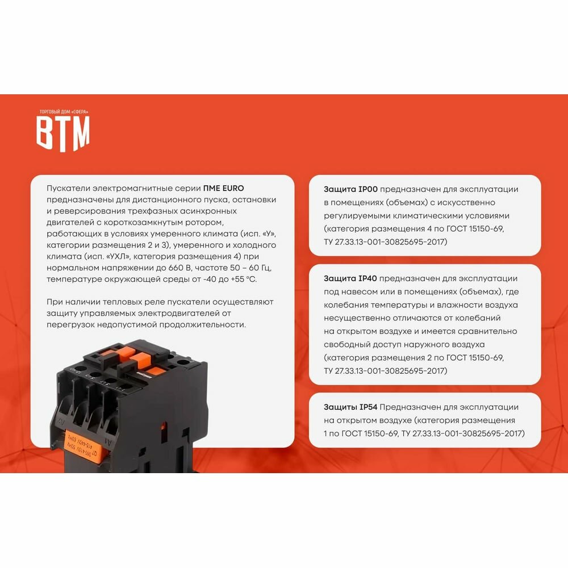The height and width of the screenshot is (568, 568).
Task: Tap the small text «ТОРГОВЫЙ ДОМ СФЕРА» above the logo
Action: click(x=64, y=111)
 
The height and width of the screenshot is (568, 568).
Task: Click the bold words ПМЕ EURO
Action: click(x=223, y=188)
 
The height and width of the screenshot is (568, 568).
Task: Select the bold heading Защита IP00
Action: click(x=350, y=189)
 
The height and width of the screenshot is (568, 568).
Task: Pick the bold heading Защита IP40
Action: click(x=350, y=278)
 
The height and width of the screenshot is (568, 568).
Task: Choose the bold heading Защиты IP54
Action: click(x=350, y=407)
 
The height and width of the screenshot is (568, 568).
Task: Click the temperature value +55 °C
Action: click(x=244, y=279)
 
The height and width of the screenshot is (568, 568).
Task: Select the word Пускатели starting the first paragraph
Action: click(x=68, y=189)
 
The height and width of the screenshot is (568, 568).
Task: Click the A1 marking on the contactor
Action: click(x=108, y=441)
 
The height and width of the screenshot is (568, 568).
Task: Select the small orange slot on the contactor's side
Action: click(x=164, y=426)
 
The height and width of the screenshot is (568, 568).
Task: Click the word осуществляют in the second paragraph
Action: click(x=243, y=302)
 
